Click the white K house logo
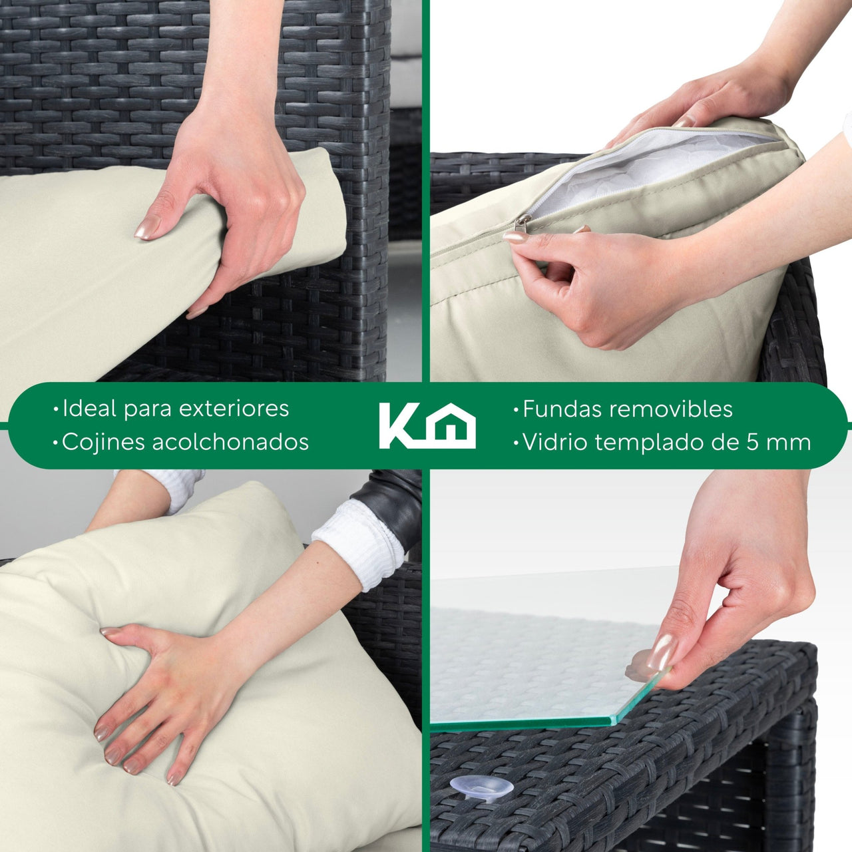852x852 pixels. [427, 426]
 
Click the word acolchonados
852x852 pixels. [230, 442]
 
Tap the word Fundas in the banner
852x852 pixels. [561, 409]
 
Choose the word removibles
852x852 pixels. [671, 409]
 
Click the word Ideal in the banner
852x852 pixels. [89, 409]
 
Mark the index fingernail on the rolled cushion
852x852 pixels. [147, 227]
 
